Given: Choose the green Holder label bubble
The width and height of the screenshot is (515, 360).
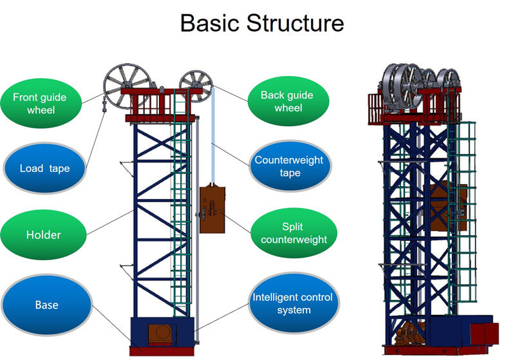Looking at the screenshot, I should (x=43, y=235).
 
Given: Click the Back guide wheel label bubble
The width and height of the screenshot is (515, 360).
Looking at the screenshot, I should (x=287, y=101).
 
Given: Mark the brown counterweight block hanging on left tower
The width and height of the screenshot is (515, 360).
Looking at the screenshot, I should (x=212, y=210).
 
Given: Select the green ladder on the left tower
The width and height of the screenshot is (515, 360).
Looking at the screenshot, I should (x=182, y=206).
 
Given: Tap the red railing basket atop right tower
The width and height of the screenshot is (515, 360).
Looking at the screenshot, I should (x=377, y=107).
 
